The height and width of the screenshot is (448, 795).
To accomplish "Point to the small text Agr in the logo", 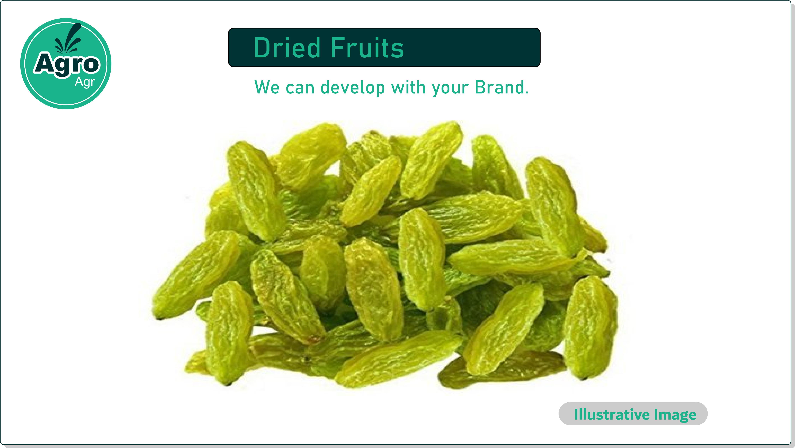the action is [x=85, y=82].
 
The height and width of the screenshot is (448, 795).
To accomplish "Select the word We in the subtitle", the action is [x=267, y=87].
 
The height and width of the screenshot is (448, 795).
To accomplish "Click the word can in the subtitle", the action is [x=300, y=89].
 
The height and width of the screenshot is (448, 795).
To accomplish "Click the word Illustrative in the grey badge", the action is [x=612, y=414].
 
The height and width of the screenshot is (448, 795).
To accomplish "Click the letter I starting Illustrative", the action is [x=576, y=414].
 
